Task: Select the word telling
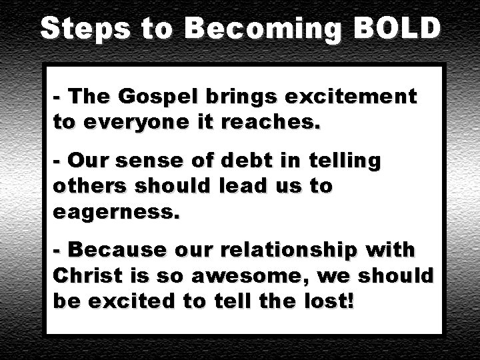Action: click(x=344, y=161)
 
